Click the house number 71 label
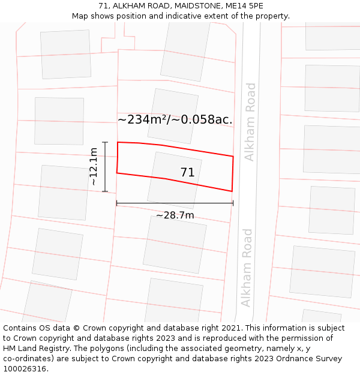(x=187, y=173)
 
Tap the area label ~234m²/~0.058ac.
(x=175, y=119)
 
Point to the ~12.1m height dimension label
(x=94, y=166)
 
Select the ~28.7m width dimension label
(x=175, y=215)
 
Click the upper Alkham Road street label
(x=250, y=122)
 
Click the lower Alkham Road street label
(x=246, y=268)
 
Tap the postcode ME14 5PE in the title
(x=247, y=6)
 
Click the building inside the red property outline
(x=174, y=180)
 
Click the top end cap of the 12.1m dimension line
(x=105, y=142)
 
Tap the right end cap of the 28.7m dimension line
(x=233, y=203)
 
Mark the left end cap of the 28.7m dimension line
(x=117, y=203)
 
